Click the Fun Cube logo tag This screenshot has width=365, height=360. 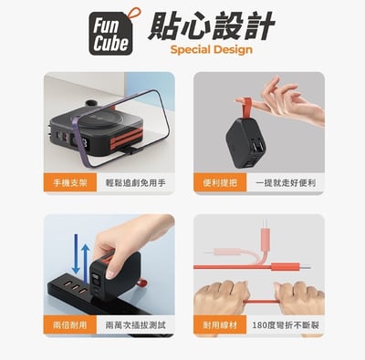pyautogui.click(x=113, y=36)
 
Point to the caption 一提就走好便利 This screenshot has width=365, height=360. pyautogui.click(x=286, y=183)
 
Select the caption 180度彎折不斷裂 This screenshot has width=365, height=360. pyautogui.click(x=286, y=324)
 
